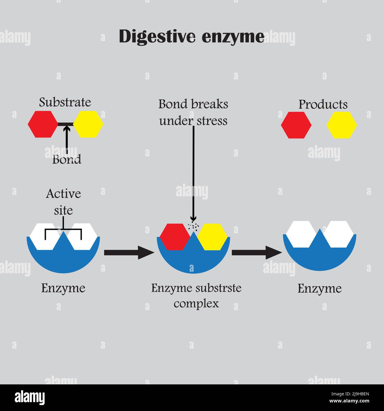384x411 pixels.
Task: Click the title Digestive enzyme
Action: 191,37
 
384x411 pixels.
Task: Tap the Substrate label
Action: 65,102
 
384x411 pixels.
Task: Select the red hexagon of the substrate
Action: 43,124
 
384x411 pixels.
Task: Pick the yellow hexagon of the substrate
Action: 88,124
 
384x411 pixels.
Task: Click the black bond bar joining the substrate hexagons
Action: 66,124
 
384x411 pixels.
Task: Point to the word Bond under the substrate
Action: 67,160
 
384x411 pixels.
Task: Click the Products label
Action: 323,104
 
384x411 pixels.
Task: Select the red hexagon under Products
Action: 296,125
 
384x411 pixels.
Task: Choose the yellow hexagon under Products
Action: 342,125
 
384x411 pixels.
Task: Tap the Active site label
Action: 63,202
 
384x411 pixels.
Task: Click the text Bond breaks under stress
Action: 193,112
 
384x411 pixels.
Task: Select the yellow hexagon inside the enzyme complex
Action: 212,237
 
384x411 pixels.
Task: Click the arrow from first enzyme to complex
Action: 129,253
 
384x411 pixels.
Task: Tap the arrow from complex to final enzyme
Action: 257,253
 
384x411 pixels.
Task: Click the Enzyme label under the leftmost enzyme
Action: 63,288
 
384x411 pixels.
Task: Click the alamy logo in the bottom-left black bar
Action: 30,397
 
